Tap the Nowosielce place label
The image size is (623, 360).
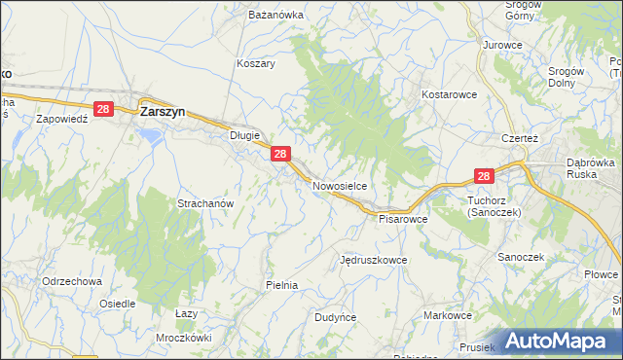339,184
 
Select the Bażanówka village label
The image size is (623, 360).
272,17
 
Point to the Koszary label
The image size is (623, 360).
256,63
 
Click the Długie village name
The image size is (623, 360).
243,136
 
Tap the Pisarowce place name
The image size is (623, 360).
403,219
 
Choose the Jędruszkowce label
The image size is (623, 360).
373,261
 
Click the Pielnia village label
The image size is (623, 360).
280,285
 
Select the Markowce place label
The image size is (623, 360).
448,316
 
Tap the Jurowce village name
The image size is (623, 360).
503,46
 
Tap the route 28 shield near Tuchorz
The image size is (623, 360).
485,176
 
